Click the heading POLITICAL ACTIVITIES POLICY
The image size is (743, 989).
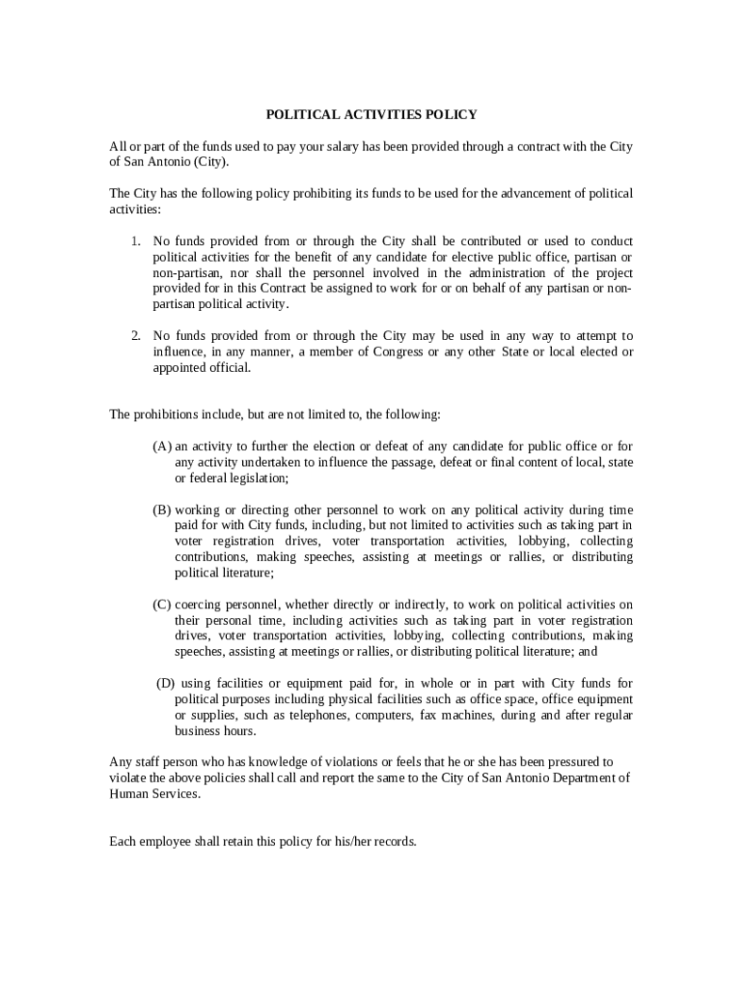371,115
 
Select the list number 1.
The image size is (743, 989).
136,240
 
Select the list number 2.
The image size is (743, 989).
136,336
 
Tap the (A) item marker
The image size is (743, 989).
162,446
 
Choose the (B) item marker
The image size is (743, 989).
162,509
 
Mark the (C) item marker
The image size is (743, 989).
162,605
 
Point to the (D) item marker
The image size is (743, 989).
165,684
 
